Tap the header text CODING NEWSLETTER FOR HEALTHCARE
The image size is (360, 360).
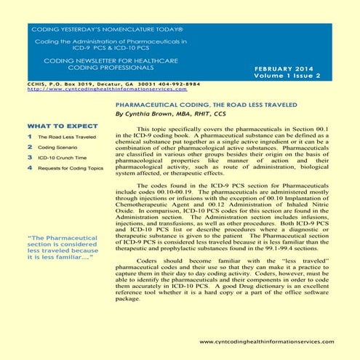coord(91,60)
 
